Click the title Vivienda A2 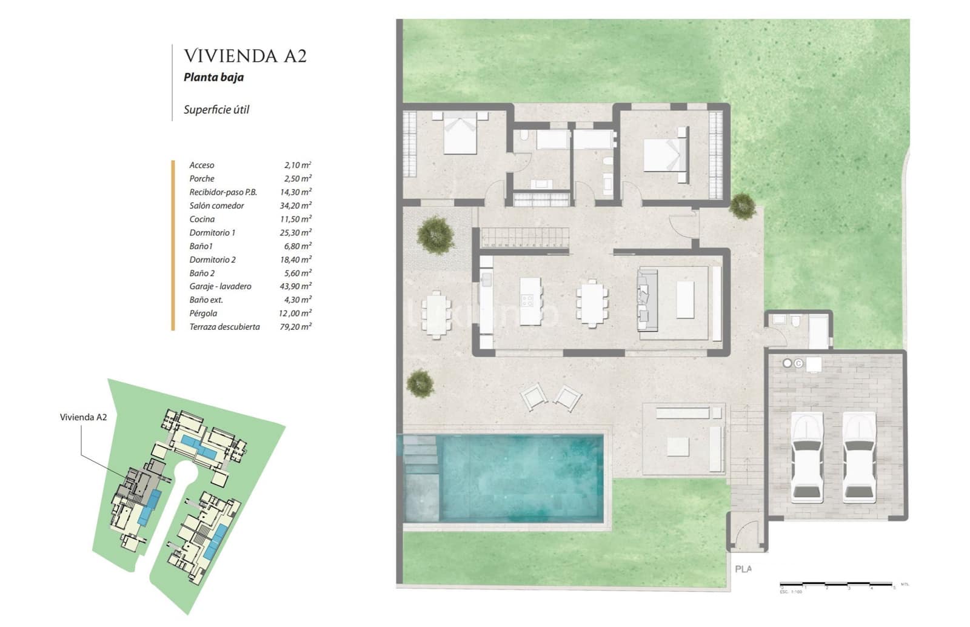point(245,56)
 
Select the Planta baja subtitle point(213,77)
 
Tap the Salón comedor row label point(216,206)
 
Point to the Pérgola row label point(203,313)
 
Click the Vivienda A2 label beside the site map point(83,417)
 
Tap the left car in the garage point(806,458)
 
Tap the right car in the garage point(859,458)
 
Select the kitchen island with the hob point(530,294)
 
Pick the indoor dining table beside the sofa point(592,303)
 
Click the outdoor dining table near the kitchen point(436,313)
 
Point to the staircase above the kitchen point(525,237)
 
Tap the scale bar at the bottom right point(837,585)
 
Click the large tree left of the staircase point(435,233)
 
